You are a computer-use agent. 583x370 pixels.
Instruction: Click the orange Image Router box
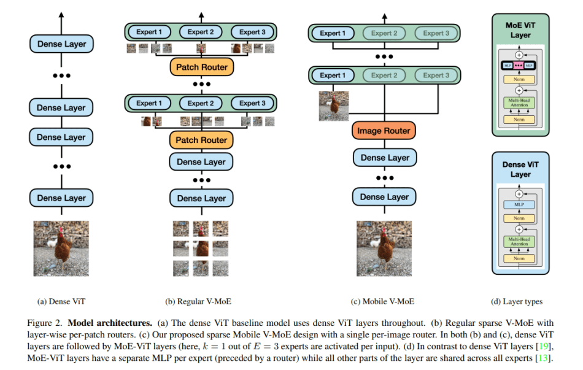(x=384, y=131)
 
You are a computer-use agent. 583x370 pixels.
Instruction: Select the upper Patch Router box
(x=201, y=67)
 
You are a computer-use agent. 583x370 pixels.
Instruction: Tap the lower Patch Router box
(x=201, y=141)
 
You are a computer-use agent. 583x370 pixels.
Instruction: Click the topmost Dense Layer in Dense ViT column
(x=61, y=44)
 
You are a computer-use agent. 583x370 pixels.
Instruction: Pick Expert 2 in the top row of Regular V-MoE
(x=201, y=32)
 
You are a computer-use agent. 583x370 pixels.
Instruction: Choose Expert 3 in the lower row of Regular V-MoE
(x=252, y=103)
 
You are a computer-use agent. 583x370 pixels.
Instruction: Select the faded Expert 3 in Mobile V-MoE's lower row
(x=436, y=75)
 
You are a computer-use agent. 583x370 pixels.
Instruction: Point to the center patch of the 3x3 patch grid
(x=201, y=248)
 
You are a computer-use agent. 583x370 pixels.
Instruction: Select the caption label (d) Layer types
(x=516, y=301)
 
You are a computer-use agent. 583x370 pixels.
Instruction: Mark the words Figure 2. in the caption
(x=46, y=322)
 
